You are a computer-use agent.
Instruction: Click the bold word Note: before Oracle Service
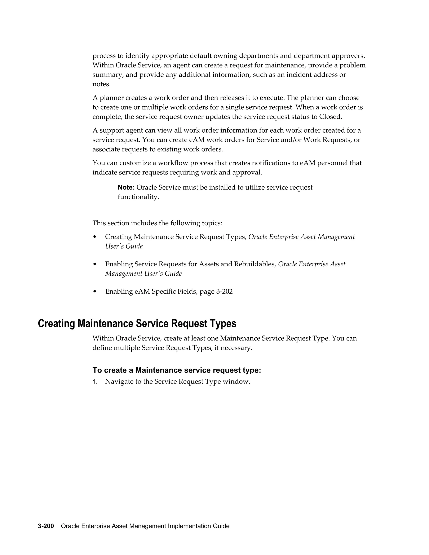click(126, 187)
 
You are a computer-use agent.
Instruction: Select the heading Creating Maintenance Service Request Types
click(137, 324)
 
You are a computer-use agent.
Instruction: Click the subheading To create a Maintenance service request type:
click(177, 370)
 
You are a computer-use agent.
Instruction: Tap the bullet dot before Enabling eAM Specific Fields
click(95, 292)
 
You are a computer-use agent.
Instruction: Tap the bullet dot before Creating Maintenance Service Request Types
click(95, 237)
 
